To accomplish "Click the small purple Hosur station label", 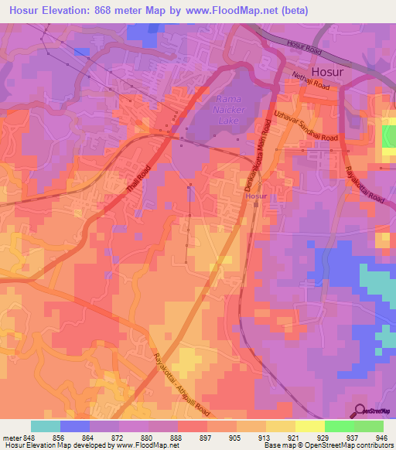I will click(x=256, y=196).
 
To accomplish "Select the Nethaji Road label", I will click(x=312, y=80).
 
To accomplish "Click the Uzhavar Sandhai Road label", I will click(x=306, y=125).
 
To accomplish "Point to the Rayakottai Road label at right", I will click(x=364, y=185).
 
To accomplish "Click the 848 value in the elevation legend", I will click(x=29, y=437).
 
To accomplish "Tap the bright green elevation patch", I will click(x=388, y=136).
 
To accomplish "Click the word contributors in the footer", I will click(x=373, y=445).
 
